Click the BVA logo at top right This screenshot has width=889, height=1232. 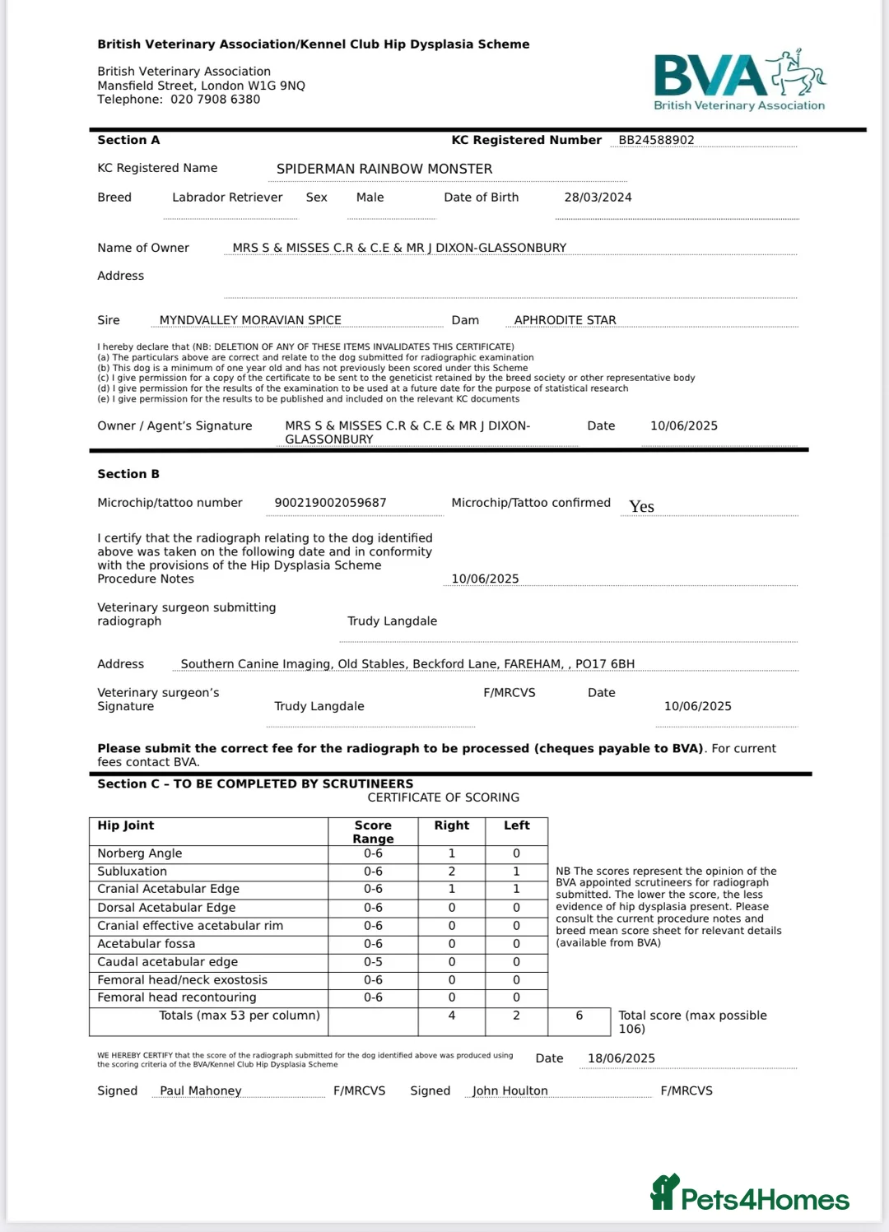(x=738, y=81)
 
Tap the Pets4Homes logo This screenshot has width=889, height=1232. (x=750, y=1194)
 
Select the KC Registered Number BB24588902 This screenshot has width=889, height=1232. (x=656, y=140)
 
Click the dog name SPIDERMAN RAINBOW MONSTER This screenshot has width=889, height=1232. (x=384, y=169)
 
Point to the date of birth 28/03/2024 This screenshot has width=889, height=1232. (x=598, y=198)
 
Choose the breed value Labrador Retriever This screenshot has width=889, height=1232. (x=227, y=198)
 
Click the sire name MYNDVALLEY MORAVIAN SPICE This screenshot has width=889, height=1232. (x=250, y=320)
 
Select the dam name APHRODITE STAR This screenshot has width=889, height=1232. (x=565, y=320)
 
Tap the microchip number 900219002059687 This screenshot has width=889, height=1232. (x=330, y=503)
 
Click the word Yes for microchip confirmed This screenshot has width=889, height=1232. (x=641, y=507)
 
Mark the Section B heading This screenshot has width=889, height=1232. (x=128, y=474)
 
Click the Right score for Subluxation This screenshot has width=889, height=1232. (x=451, y=872)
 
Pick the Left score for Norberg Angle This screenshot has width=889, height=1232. (x=516, y=853)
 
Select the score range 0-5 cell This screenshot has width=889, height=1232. (x=373, y=962)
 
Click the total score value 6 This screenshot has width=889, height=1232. (x=579, y=1016)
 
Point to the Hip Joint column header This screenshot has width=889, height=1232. (x=126, y=825)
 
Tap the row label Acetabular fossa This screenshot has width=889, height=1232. (x=147, y=944)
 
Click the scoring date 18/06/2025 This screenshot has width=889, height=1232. (x=621, y=1058)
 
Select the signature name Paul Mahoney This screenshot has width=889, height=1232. (x=201, y=1090)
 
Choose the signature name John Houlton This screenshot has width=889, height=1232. (x=510, y=1090)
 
